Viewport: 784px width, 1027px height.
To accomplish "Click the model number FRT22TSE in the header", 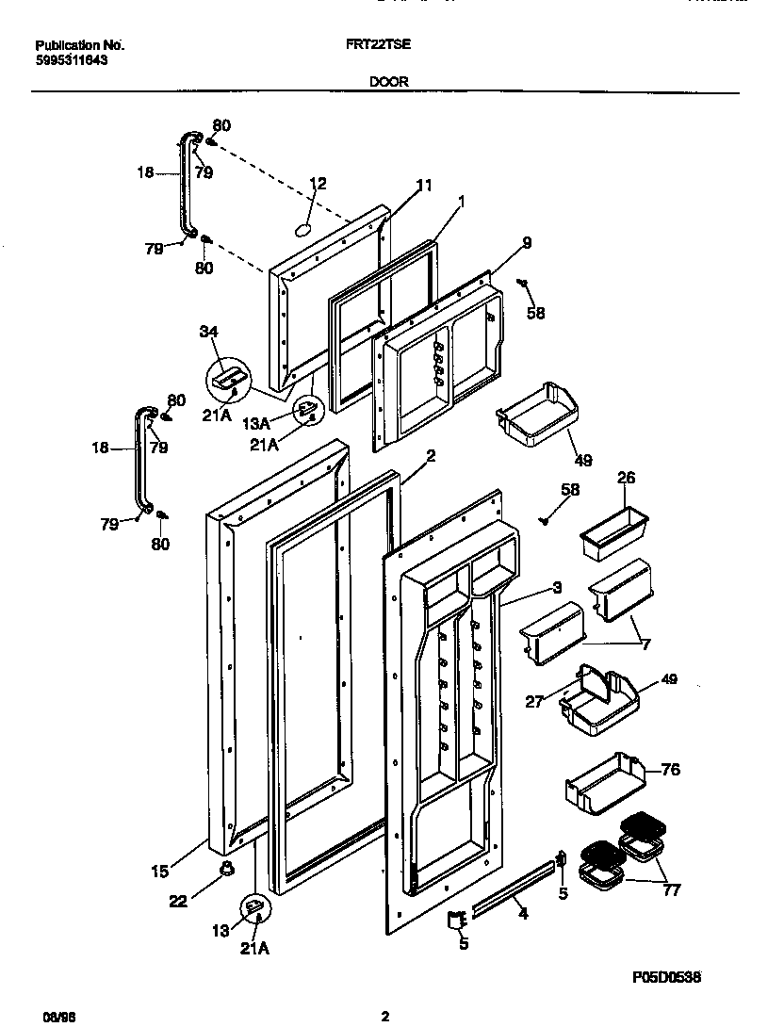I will coord(386,44).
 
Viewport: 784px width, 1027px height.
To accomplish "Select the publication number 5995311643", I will coord(71,59).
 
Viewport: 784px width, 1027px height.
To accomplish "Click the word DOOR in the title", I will coord(388,82).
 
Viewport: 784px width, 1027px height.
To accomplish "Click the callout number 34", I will coord(208,331).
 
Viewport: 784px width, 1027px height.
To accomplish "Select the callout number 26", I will coord(626,478).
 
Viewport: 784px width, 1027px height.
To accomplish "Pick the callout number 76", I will coord(670,770).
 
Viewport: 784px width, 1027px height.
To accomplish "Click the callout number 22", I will coord(177,901).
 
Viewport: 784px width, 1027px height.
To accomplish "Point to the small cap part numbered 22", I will coord(226,868).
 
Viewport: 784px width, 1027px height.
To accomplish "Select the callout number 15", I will coord(160,872).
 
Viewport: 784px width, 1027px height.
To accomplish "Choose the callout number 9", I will coord(526,242).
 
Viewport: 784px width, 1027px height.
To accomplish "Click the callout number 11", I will coord(424,186).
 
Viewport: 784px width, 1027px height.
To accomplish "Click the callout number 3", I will coord(557,587).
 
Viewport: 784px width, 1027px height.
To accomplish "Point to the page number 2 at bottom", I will coord(384,1017).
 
